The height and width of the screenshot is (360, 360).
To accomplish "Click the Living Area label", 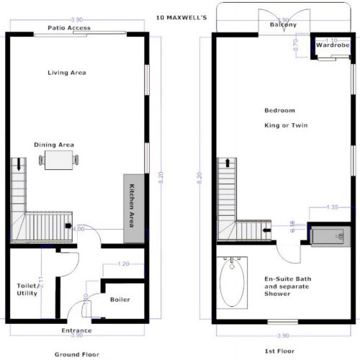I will (x=67, y=73).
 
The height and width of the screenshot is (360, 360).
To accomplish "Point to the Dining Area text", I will (x=54, y=145).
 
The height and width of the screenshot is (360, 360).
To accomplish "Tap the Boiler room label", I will (x=120, y=299).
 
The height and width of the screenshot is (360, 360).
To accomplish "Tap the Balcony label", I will (x=283, y=25).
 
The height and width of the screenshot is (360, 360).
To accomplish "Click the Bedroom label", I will (x=280, y=110).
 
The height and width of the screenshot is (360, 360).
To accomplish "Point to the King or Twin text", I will (x=284, y=125).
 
